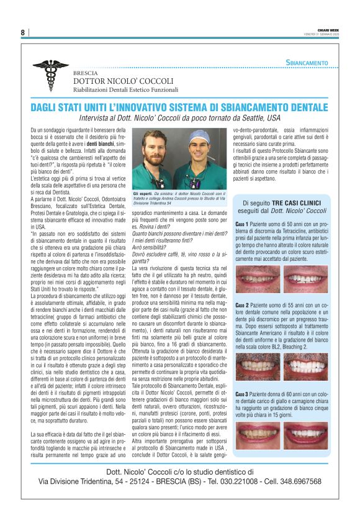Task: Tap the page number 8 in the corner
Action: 23,32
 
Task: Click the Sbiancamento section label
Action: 307,63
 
